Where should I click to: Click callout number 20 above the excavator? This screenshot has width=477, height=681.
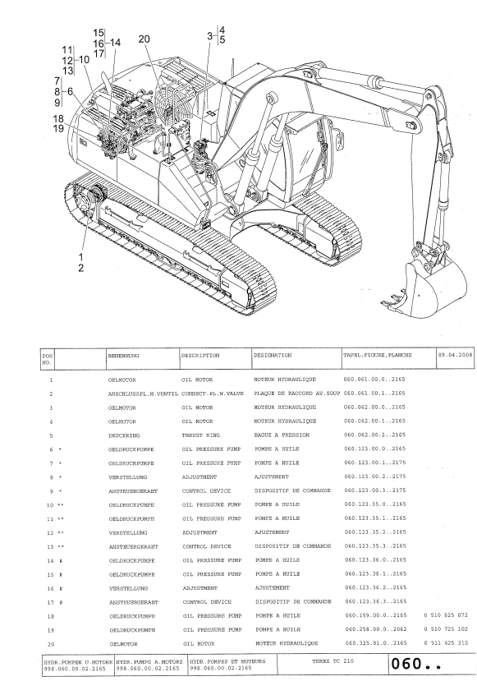pyautogui.click(x=144, y=39)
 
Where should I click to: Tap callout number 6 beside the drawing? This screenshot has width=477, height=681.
pyautogui.click(x=71, y=91)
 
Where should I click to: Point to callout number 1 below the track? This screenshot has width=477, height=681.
pyautogui.click(x=80, y=258)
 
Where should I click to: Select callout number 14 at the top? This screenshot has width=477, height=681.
pyautogui.click(x=115, y=43)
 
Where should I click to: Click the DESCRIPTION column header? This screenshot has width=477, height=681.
pyautogui.click(x=200, y=355)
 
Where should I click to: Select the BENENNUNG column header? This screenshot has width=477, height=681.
pyautogui.click(x=123, y=355)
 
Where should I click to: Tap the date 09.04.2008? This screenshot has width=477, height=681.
pyautogui.click(x=455, y=355)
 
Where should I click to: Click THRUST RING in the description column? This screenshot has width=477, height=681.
pyautogui.click(x=201, y=435)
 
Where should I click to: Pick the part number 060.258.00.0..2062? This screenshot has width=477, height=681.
pyautogui.click(x=375, y=629)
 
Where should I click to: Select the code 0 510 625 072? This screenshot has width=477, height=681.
pyautogui.click(x=446, y=615)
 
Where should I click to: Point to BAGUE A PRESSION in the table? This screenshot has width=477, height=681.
pyautogui.click(x=282, y=435)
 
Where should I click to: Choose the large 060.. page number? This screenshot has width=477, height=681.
pyautogui.click(x=415, y=664)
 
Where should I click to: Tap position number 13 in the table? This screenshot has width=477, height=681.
pyautogui.click(x=50, y=547)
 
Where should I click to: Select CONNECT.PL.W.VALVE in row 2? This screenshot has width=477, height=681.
pyautogui.click(x=213, y=393)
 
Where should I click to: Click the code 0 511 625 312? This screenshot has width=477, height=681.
pyautogui.click(x=446, y=643)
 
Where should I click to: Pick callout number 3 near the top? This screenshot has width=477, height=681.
pyautogui.click(x=210, y=35)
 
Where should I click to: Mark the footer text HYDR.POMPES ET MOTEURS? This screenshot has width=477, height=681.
pyautogui.click(x=227, y=661)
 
